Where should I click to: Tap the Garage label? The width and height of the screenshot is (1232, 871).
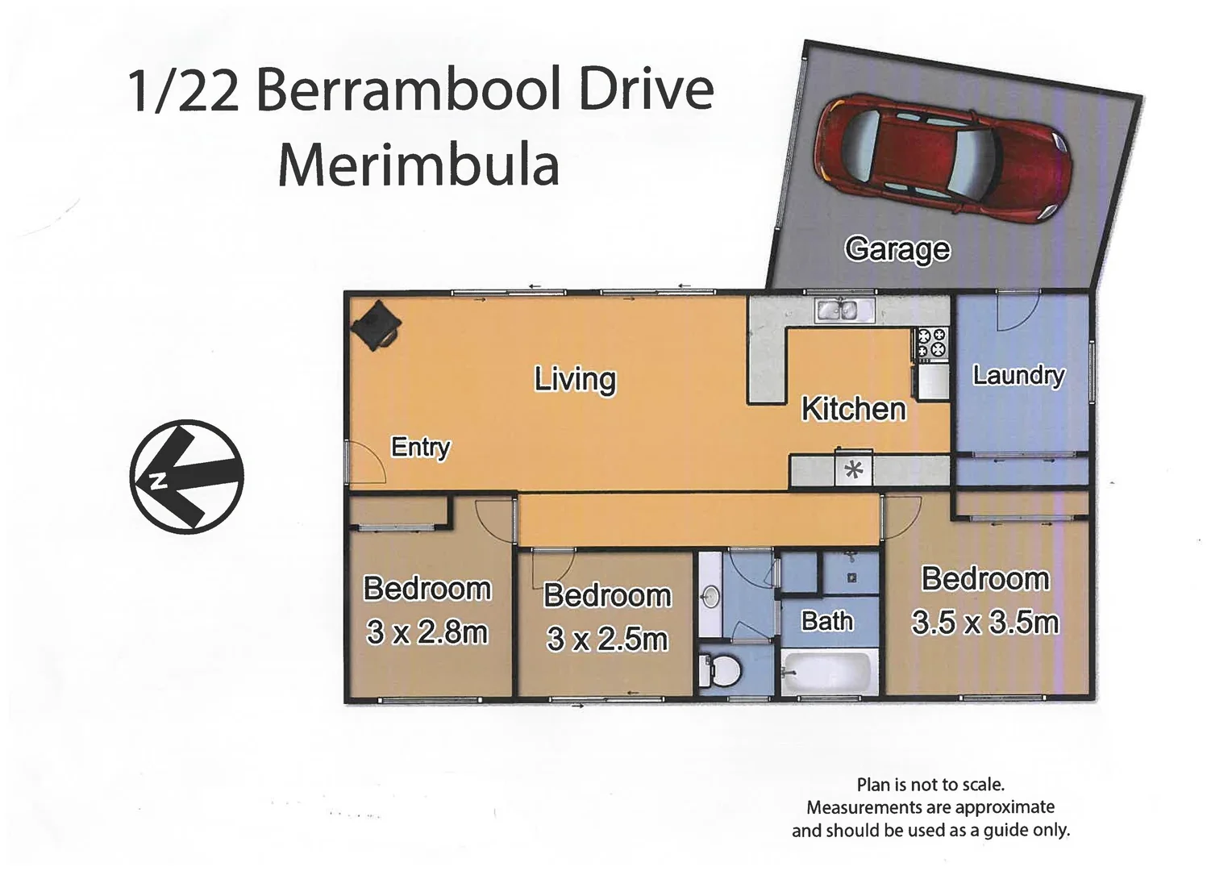point(897,249)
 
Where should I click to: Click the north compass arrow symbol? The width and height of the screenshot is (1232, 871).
point(186,477)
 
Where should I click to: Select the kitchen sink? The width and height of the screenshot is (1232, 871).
point(837,310)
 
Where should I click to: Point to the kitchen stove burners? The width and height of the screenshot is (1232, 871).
point(932,342)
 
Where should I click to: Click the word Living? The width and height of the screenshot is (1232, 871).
point(575,379)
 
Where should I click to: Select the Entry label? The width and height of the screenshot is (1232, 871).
point(420,447)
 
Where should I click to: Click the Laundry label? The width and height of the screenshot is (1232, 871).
point(1018,375)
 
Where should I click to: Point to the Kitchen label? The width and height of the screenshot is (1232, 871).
point(853,409)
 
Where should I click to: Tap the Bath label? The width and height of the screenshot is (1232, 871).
point(826,621)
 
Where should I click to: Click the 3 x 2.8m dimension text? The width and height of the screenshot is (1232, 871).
point(427,632)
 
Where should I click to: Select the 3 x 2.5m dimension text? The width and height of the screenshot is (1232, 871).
point(607,639)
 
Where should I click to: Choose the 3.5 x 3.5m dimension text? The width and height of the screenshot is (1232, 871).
point(984,623)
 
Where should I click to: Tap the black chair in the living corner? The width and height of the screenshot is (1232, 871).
point(375,325)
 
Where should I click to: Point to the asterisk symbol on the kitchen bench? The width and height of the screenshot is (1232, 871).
point(853,469)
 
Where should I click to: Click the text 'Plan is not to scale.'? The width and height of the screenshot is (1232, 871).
point(930,784)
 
